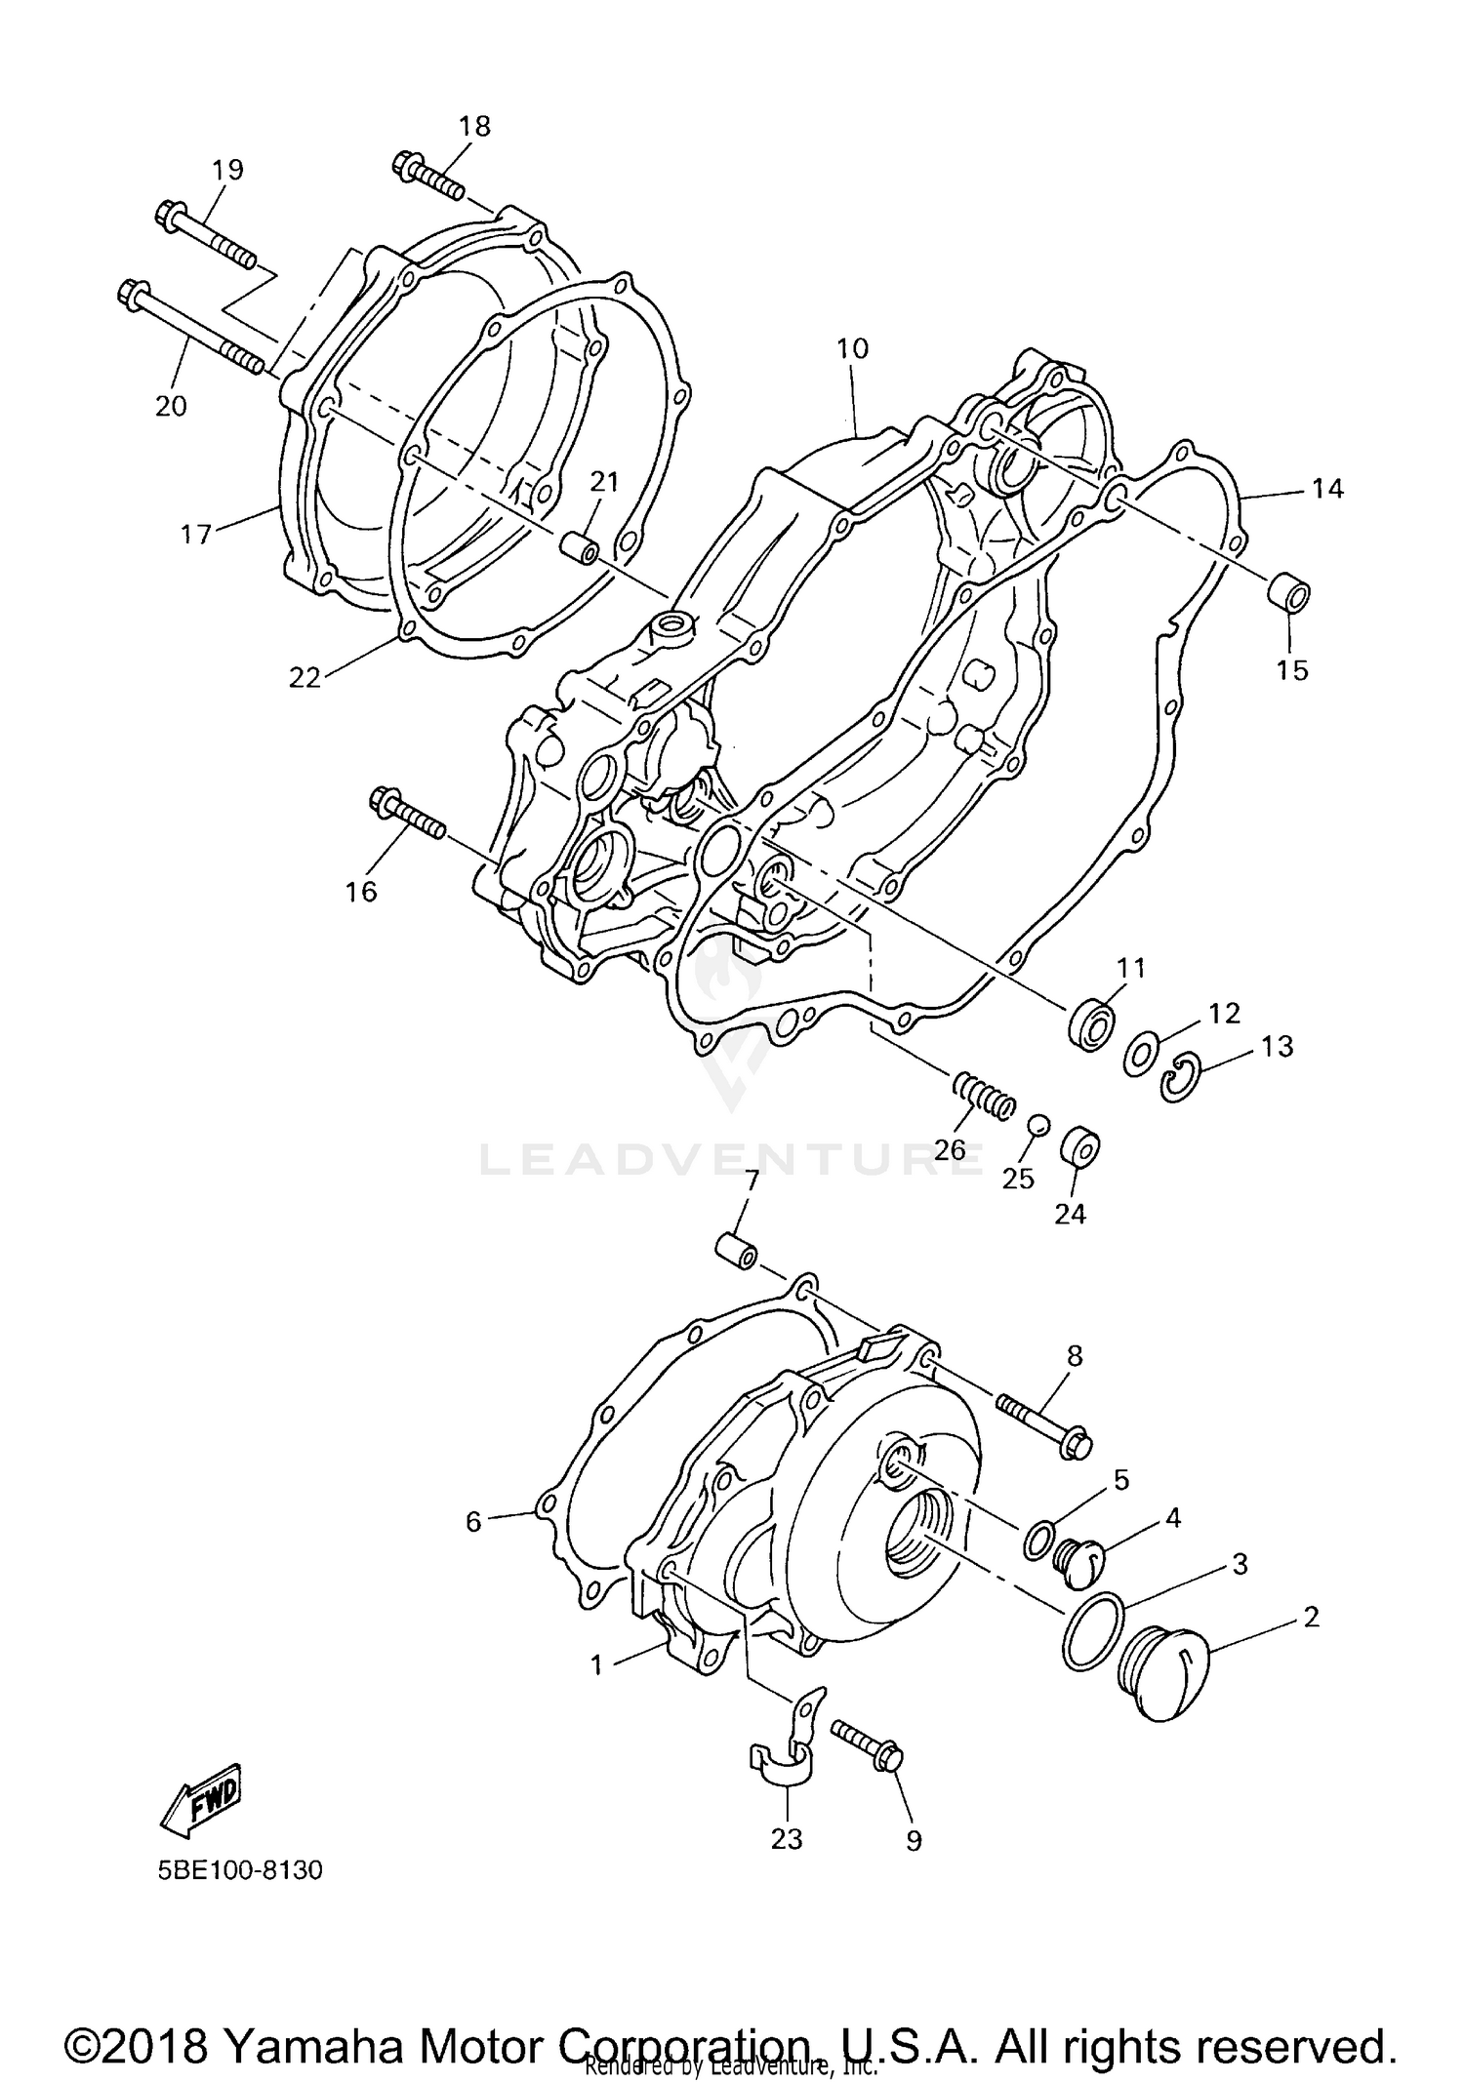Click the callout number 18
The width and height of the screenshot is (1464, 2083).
pyautogui.click(x=475, y=126)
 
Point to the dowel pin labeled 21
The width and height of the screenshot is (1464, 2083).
pyautogui.click(x=580, y=548)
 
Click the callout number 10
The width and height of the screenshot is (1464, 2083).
pyautogui.click(x=852, y=348)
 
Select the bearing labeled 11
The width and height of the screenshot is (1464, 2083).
pyautogui.click(x=1091, y=1024)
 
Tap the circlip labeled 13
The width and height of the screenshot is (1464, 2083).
pyautogui.click(x=1179, y=1078)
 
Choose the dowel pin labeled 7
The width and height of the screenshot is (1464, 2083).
pyautogui.click(x=735, y=1251)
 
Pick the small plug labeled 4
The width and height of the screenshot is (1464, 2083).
pyautogui.click(x=1078, y=1556)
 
